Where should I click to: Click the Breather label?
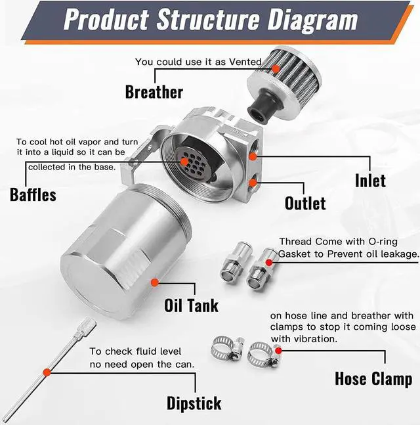(x=154, y=91)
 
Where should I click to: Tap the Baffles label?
(x=33, y=194)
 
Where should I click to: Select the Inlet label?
(x=370, y=179)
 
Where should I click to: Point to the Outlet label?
(x=305, y=202)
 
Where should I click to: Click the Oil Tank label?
(x=191, y=305)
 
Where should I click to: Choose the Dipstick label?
(x=194, y=403)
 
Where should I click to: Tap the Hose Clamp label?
(x=373, y=379)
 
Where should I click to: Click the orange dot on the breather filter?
(x=277, y=67)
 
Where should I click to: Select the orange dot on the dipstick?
(x=47, y=372)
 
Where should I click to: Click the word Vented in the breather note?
(x=245, y=62)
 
